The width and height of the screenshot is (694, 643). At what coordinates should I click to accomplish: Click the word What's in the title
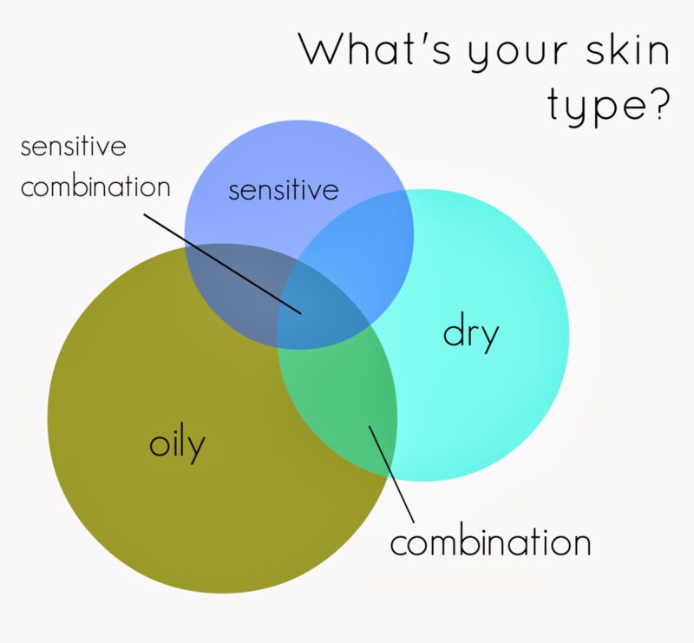(x=376, y=49)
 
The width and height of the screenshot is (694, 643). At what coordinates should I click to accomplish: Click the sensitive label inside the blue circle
(x=284, y=189)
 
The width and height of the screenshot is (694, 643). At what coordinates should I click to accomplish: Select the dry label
(x=470, y=332)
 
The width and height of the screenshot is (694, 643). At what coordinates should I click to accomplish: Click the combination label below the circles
(x=490, y=541)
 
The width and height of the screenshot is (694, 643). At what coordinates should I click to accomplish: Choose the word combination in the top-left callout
(x=95, y=186)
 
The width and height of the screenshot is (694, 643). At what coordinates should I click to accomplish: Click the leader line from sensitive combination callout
(x=223, y=265)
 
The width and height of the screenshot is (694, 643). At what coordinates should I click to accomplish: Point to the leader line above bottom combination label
(x=392, y=475)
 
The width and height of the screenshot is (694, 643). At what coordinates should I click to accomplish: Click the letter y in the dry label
(x=488, y=338)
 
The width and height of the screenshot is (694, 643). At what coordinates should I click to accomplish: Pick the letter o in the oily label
(x=159, y=444)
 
